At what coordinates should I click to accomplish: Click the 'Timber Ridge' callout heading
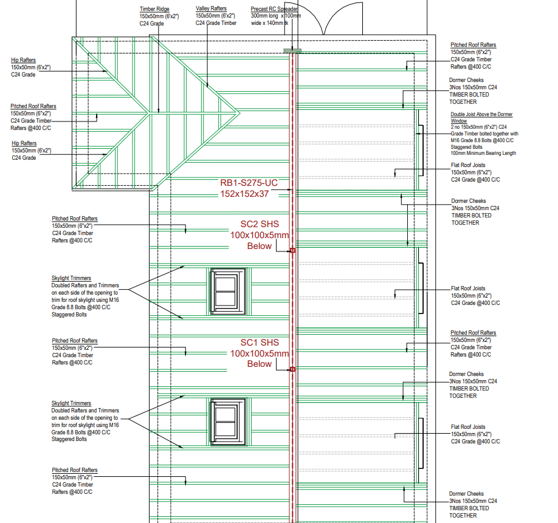click(x=155, y=9)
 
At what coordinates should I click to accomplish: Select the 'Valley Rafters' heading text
click(x=211, y=9)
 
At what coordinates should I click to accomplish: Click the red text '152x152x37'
click(x=244, y=194)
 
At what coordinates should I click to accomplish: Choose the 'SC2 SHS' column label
click(x=260, y=224)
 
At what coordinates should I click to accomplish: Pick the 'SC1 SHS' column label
click(x=260, y=342)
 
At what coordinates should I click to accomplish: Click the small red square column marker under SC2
click(x=292, y=250)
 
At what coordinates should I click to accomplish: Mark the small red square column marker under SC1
click(x=292, y=369)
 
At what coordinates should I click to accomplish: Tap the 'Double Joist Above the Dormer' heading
click(x=481, y=114)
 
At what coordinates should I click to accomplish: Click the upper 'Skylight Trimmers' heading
click(x=71, y=278)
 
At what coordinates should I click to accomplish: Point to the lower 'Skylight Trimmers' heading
click(x=71, y=403)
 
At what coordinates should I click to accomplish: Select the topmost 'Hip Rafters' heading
click(x=24, y=60)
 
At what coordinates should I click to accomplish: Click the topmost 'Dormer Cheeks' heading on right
click(x=466, y=80)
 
